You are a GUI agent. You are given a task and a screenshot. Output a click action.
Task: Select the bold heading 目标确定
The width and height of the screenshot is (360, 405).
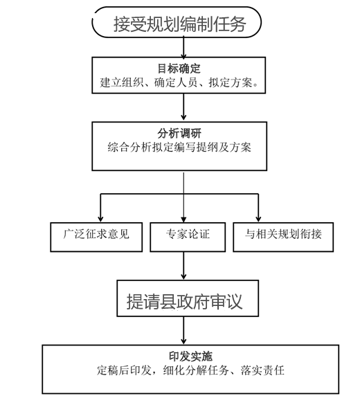click(179, 69)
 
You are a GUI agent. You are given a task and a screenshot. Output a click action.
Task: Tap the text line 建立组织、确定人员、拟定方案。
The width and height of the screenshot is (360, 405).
click(179, 82)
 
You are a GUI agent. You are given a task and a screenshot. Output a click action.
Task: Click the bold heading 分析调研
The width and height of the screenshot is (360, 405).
click(179, 134)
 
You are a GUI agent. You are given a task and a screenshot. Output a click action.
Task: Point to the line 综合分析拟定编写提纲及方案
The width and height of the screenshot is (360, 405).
click(179, 147)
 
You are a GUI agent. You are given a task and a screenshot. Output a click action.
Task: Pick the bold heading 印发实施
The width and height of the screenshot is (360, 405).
click(190, 357)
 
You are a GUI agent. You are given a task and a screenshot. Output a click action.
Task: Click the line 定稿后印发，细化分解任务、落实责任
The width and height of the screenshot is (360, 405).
click(190, 370)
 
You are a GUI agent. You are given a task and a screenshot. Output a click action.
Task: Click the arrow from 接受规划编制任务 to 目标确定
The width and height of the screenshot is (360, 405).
click(183, 48)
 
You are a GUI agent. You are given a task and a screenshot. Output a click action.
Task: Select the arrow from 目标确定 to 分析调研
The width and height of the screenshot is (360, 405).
click(183, 107)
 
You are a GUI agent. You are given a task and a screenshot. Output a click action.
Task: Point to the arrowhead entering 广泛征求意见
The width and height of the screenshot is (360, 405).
click(100, 219)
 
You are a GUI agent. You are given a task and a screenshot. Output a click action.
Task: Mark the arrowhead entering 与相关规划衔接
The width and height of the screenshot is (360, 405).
click(258, 219)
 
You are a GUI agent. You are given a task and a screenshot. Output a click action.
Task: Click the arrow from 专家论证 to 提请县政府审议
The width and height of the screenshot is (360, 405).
click(183, 266)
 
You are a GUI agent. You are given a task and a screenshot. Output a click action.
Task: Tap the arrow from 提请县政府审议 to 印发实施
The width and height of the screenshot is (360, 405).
click(183, 330)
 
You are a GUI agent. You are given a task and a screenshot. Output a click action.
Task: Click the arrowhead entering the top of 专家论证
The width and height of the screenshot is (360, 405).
click(183, 219)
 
